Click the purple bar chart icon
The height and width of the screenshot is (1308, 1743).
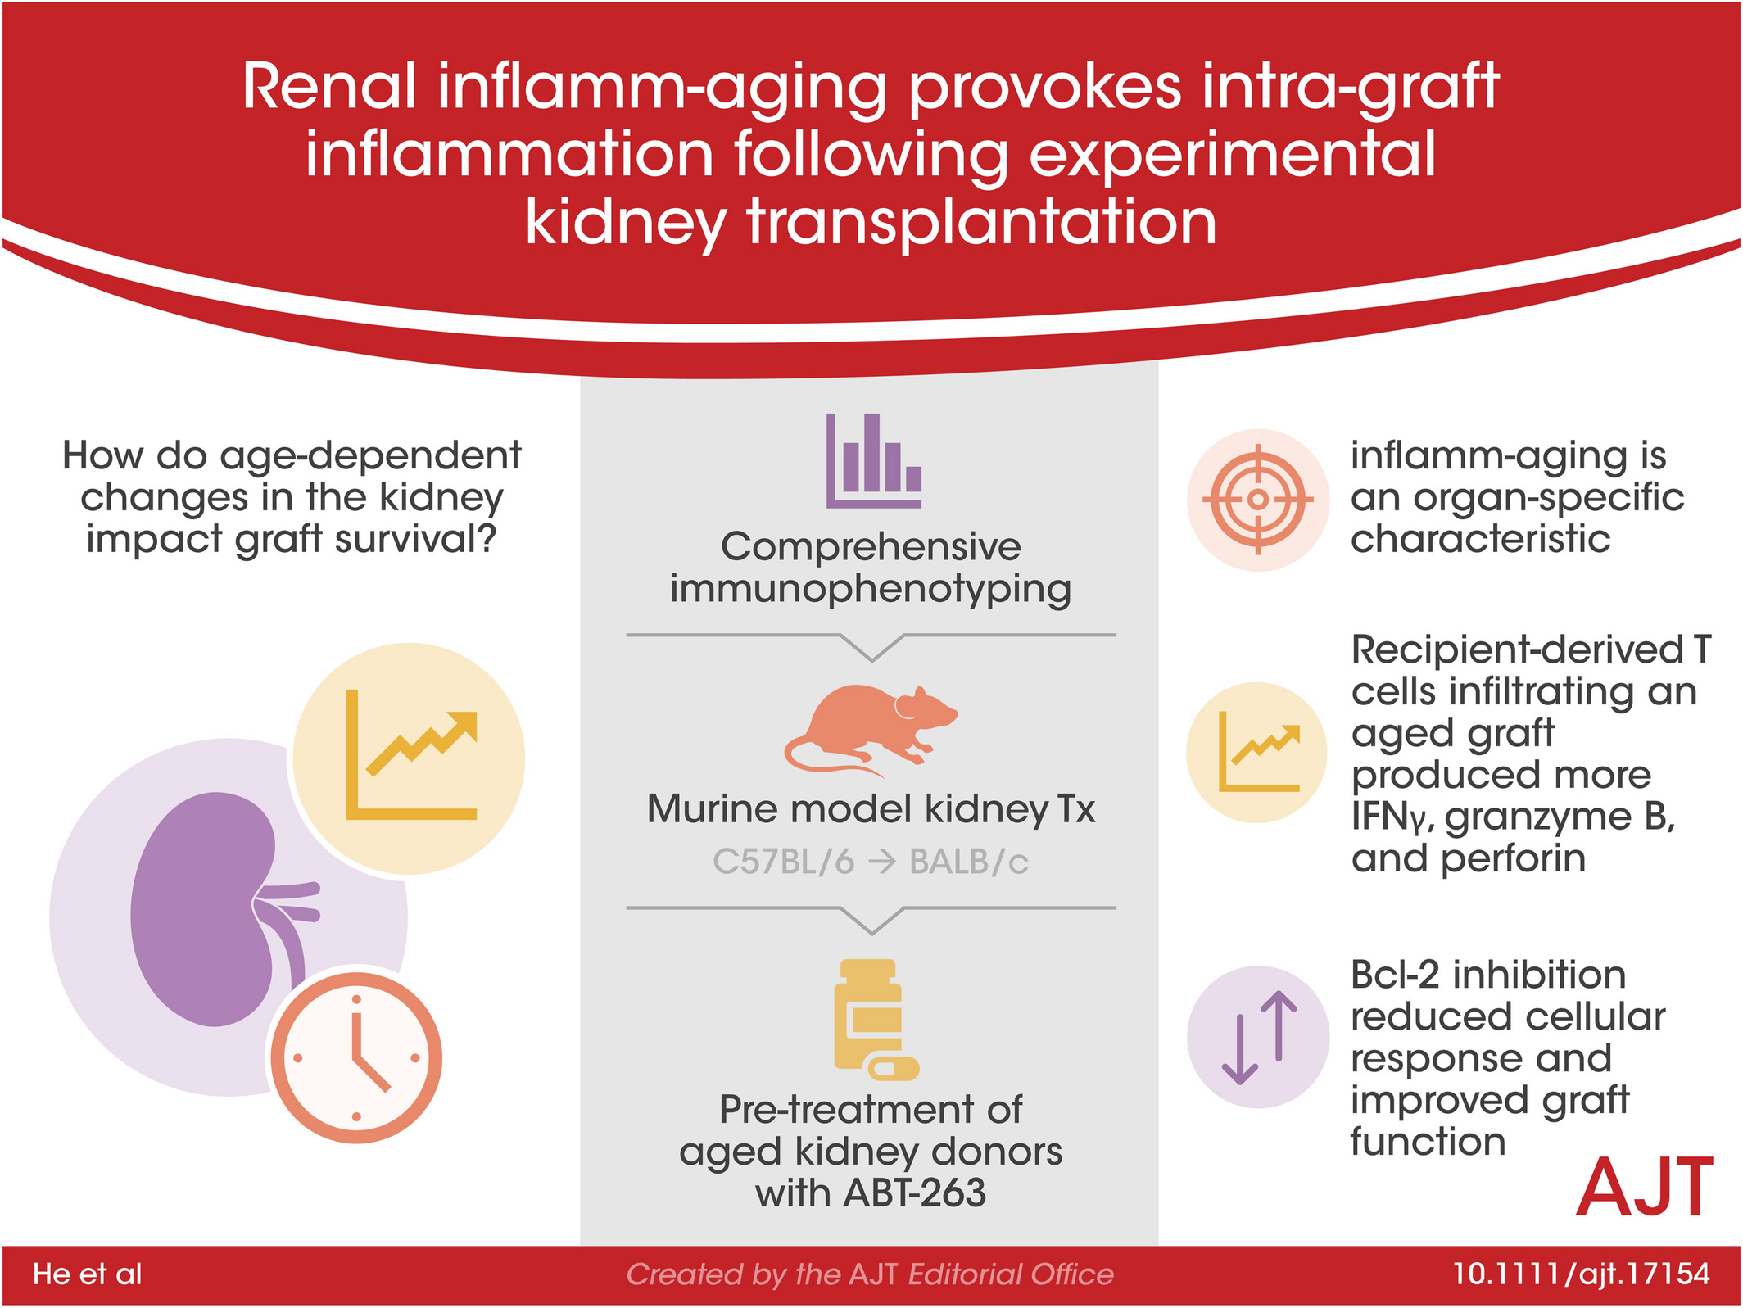point(873,460)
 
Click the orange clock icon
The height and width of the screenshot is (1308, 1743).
point(356,1057)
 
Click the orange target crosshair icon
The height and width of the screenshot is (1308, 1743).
point(1257,499)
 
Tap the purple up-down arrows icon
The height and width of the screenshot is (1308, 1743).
point(1259,1037)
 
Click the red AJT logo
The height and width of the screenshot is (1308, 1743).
point(1645,1187)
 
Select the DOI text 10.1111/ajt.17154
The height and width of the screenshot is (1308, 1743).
point(1581,1274)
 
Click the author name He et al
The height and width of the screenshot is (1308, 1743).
point(88,1274)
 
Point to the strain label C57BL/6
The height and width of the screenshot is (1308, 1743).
point(784,862)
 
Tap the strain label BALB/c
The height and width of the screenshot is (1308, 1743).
point(969,862)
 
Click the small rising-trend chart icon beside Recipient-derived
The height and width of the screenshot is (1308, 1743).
point(1259,751)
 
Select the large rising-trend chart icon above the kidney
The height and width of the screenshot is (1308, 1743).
point(411,754)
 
